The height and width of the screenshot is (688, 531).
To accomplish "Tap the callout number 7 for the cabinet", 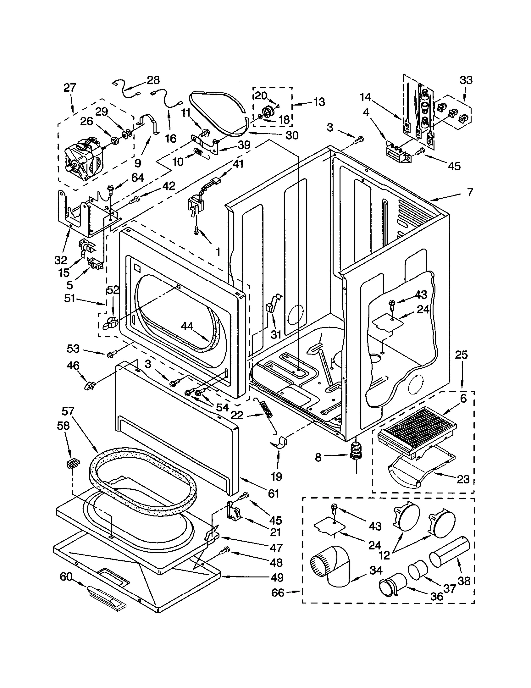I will coord(470,192).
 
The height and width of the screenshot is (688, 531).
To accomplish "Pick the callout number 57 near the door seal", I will coord(68,411).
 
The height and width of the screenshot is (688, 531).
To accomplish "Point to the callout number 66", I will coord(278,593).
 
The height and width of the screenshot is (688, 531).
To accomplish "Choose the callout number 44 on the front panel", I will coord(187,326).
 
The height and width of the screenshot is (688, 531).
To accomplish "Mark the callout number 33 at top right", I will coord(466,80).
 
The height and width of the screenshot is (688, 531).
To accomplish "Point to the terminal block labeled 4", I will coord(397,153).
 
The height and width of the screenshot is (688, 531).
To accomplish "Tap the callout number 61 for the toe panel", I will coord(273,494).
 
